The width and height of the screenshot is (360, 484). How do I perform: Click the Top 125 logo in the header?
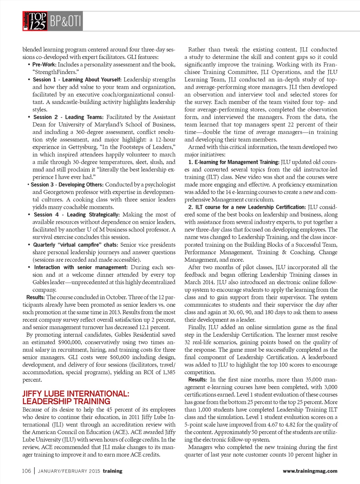35,21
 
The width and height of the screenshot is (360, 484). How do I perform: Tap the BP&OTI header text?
65,21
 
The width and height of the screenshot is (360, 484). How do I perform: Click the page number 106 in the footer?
26,471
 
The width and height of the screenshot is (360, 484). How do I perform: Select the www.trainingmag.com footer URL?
310,471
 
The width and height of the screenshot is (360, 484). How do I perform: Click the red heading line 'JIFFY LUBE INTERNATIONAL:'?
76,394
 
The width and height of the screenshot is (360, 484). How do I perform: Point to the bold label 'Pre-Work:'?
44,65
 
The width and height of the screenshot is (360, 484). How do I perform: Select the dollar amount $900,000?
70,342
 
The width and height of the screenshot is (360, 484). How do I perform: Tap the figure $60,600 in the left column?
120,357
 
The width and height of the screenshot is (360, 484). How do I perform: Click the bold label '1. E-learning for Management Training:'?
234,162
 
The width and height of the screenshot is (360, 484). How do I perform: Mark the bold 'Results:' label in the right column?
197,380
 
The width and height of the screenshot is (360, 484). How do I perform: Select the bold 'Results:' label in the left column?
36,297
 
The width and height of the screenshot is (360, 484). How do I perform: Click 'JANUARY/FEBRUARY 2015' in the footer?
69,471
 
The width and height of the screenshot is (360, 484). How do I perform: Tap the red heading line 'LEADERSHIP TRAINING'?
66,401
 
